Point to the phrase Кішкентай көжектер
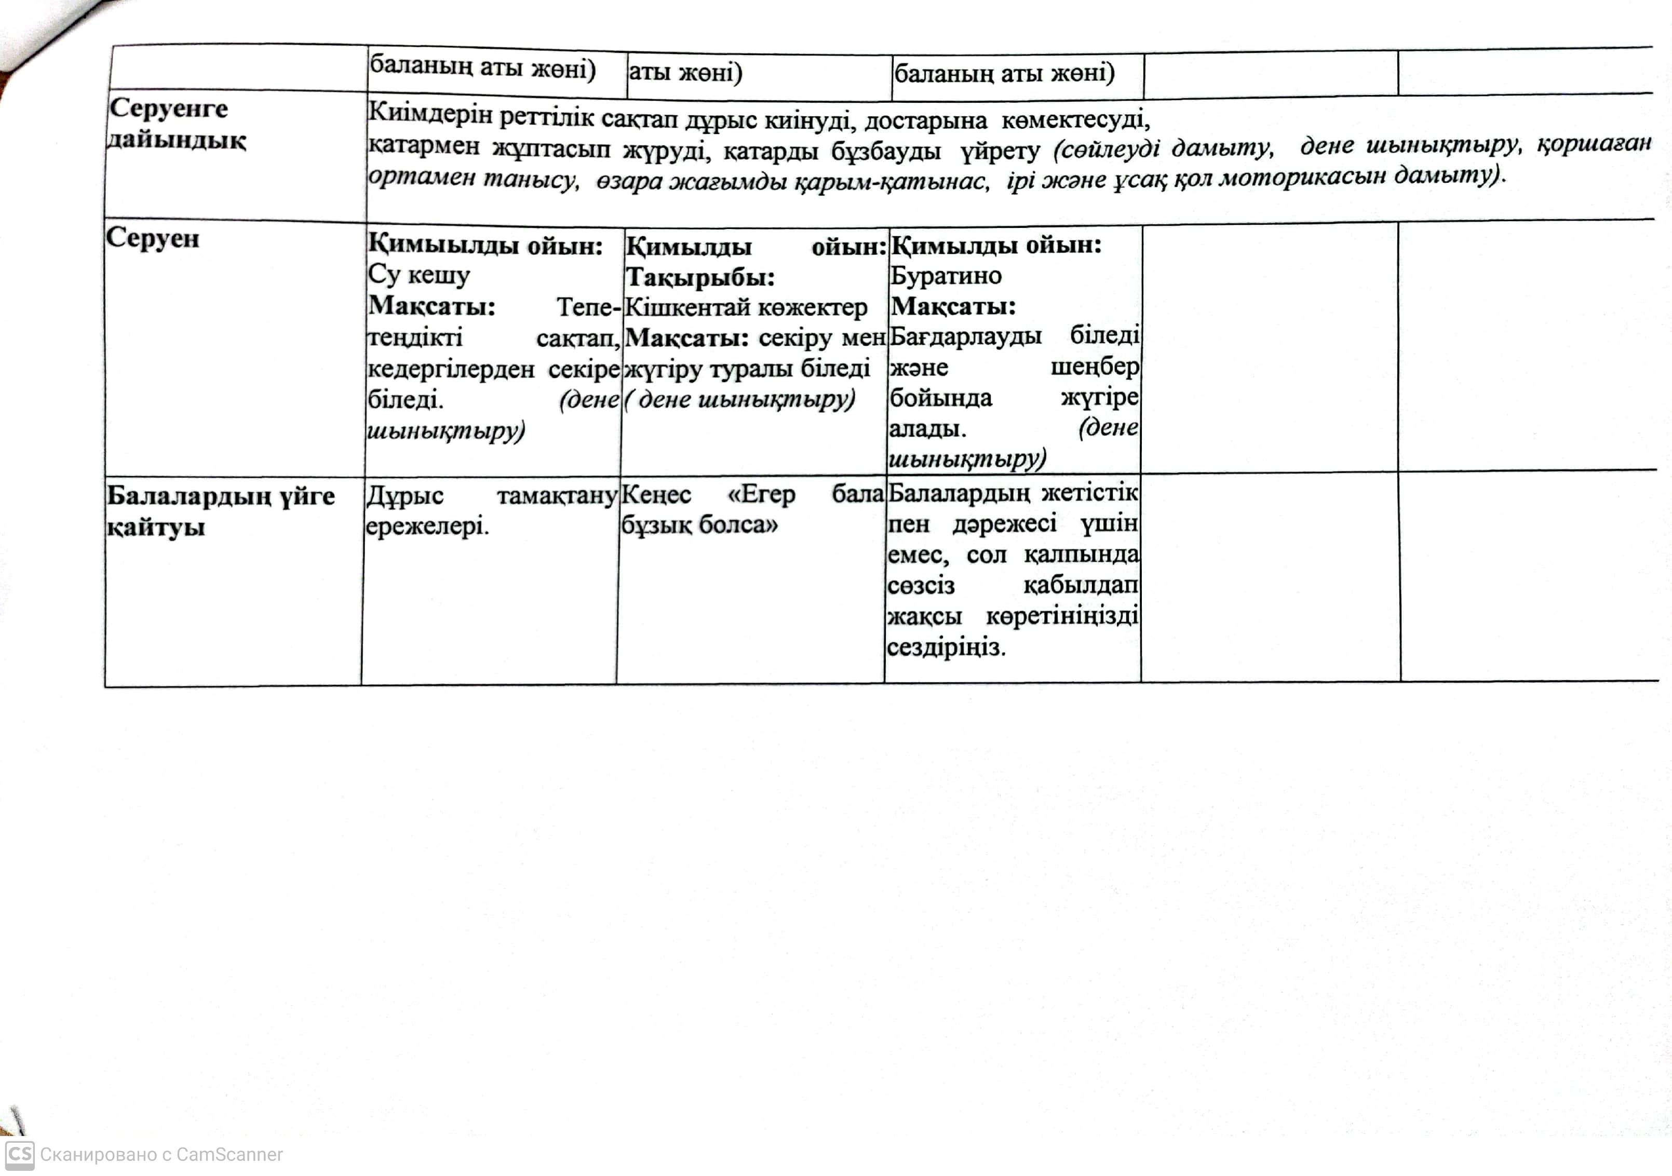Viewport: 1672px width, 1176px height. (x=746, y=307)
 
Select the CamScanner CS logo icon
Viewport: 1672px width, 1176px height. (x=19, y=1154)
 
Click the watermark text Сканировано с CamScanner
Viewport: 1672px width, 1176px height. (x=161, y=1155)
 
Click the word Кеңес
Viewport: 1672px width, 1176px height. (x=656, y=494)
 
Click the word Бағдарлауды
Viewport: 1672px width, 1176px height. (x=966, y=336)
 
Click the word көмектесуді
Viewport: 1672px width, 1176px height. (x=1075, y=119)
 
